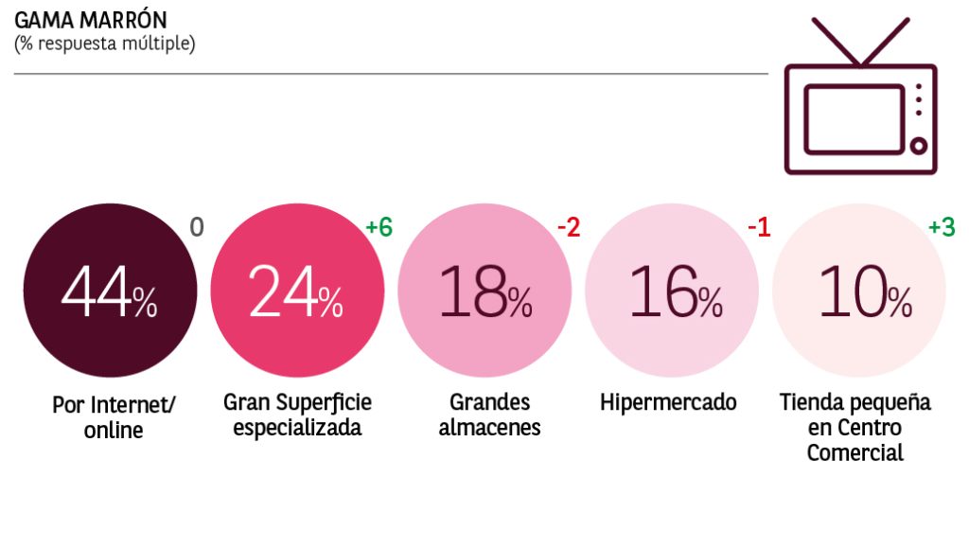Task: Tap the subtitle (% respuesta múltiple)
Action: coord(104,44)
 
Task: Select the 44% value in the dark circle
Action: coord(109,292)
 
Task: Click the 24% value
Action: coord(296,292)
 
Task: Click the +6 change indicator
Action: coord(379,228)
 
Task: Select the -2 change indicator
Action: coord(569,228)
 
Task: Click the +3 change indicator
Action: coord(941,228)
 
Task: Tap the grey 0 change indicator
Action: coord(197,228)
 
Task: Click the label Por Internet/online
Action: coord(113,417)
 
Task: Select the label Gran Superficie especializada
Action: coord(297,415)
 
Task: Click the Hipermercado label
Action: coord(668,402)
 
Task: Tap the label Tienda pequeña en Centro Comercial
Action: coord(855,427)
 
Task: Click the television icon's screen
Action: coord(847,118)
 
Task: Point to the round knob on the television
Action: coord(917,145)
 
